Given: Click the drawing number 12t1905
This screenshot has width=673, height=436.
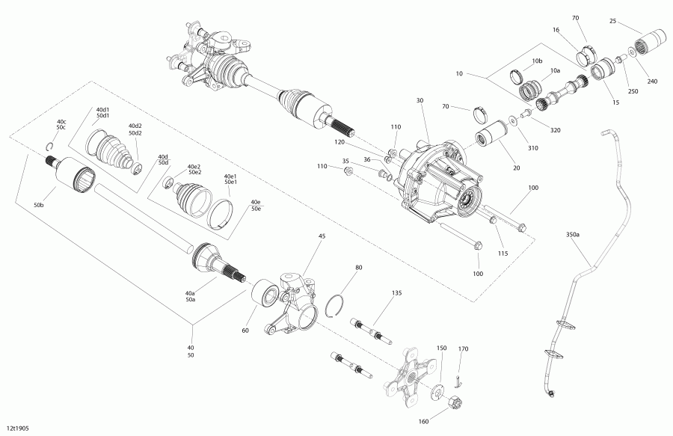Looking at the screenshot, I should [19, 430].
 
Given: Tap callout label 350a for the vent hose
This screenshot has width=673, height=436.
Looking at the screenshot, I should [573, 234].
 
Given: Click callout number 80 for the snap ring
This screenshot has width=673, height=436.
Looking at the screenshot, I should [359, 267].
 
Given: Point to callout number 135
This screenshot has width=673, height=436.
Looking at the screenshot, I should [396, 294].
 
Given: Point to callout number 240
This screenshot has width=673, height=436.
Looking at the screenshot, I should [652, 81].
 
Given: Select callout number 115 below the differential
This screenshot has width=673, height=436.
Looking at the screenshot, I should [503, 254].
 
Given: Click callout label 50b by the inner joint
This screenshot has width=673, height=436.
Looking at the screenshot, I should [39, 205].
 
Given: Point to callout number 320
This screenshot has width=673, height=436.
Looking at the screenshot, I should [555, 129].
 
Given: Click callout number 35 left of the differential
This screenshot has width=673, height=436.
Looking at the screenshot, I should [345, 161].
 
